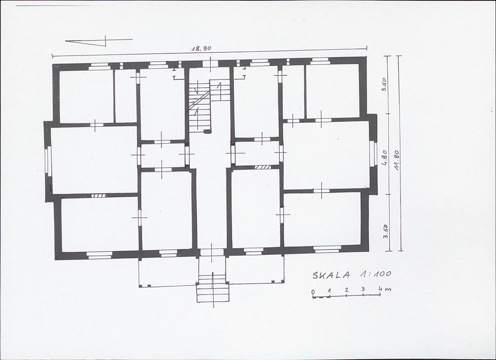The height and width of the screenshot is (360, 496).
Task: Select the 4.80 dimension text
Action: click(x=385, y=158)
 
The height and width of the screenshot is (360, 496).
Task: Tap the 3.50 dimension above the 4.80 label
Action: click(x=384, y=85)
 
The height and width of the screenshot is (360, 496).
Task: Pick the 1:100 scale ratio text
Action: click(x=375, y=274)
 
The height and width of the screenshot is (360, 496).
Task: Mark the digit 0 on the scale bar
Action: click(x=313, y=292)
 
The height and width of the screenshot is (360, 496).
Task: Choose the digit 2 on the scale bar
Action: click(x=347, y=290)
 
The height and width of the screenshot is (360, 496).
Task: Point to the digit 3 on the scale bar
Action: click(x=363, y=289)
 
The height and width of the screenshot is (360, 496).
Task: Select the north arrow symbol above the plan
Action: click(x=99, y=41)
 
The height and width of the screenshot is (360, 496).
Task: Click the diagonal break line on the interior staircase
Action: click(x=199, y=100)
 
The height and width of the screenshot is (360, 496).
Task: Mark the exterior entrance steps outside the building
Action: click(x=212, y=288)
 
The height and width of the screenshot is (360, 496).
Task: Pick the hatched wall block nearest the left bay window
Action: click(x=99, y=196)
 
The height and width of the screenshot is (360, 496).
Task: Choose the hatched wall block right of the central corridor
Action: click(x=263, y=167)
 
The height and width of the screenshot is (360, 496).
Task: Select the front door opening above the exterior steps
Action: click(x=212, y=252)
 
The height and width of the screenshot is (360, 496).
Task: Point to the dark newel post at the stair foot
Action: click(x=207, y=131)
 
